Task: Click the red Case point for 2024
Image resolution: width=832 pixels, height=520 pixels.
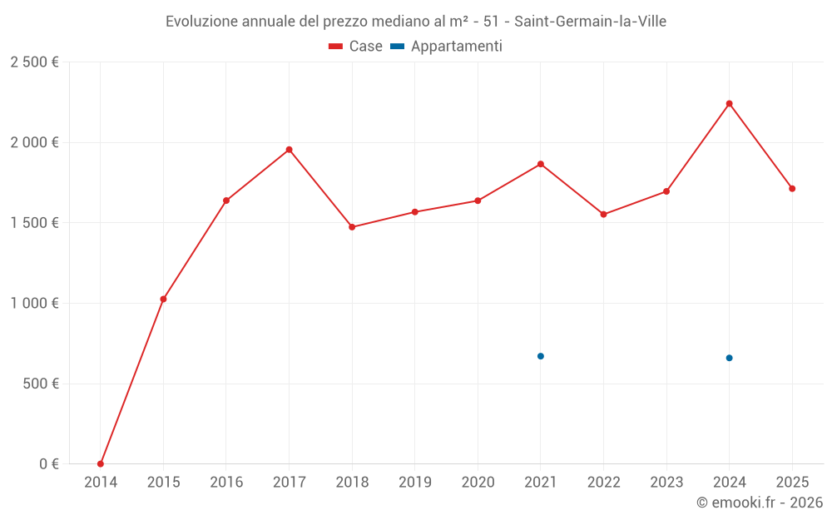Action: [x=729, y=104]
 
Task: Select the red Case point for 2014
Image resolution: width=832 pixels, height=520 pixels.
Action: [x=101, y=463]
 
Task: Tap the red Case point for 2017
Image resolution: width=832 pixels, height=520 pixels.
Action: [x=290, y=150]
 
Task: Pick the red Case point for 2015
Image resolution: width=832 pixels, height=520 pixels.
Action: [x=163, y=300]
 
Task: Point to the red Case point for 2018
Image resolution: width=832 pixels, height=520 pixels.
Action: [x=352, y=227]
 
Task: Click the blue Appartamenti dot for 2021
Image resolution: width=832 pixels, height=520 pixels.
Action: [x=541, y=356]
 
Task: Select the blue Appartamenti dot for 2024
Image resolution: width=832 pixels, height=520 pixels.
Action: [x=729, y=358]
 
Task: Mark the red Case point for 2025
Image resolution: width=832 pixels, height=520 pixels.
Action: [x=792, y=188]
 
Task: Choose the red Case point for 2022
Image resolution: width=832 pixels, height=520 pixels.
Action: [x=603, y=215]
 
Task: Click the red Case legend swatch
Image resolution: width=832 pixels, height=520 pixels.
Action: [x=335, y=47]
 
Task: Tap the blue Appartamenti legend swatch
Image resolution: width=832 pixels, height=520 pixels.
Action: [x=398, y=47]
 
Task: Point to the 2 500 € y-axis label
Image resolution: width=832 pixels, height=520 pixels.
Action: [x=34, y=62]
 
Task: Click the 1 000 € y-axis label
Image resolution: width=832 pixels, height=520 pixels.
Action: [x=34, y=303]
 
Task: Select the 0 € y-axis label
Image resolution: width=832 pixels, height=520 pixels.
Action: [x=49, y=463]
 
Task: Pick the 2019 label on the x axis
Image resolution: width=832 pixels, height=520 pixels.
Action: [x=415, y=482]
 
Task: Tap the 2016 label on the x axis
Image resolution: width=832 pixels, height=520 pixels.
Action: [x=226, y=482]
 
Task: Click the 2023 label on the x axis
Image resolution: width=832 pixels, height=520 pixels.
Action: [x=666, y=482]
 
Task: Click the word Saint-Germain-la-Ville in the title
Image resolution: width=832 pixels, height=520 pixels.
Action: [x=590, y=22]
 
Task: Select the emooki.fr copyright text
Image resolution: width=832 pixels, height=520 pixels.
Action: [x=760, y=503]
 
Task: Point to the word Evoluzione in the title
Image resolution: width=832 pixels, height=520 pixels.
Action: [x=201, y=22]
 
